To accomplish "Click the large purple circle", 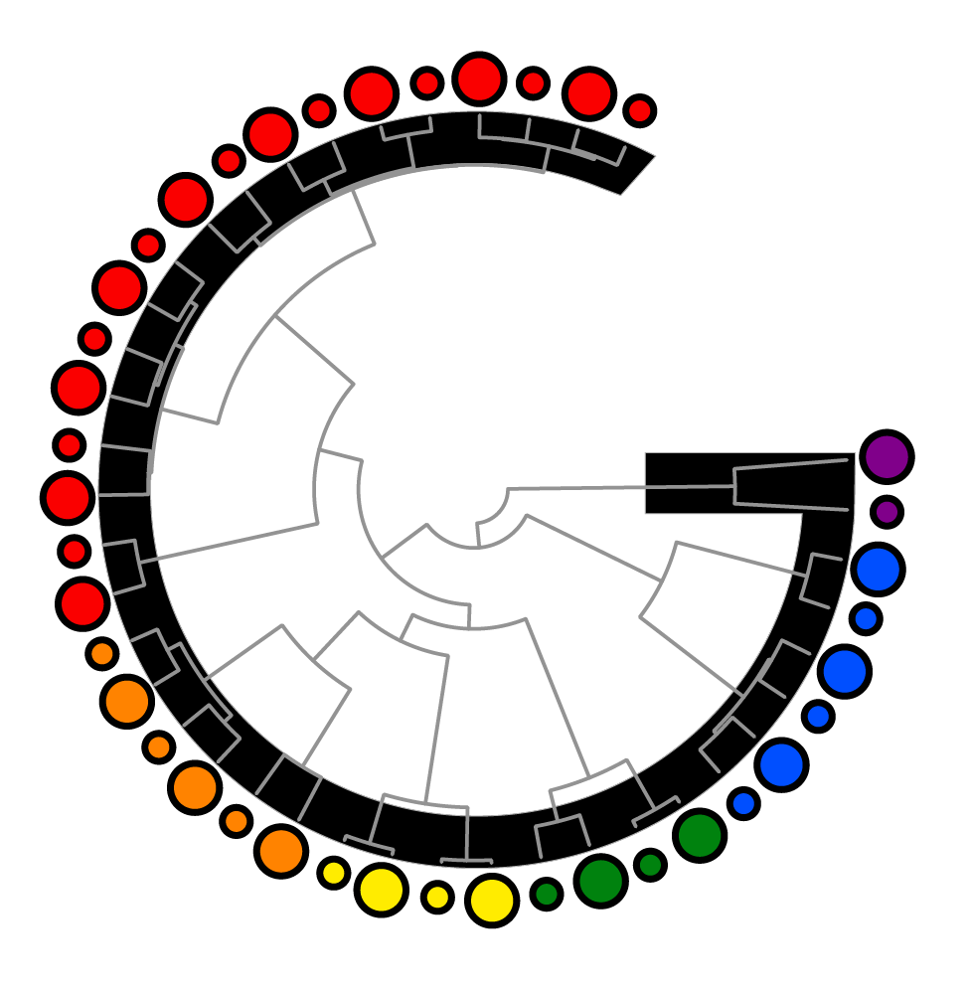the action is click(x=887, y=457).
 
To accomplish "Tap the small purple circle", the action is click(x=887, y=512).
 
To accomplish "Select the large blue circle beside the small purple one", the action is click(x=878, y=570).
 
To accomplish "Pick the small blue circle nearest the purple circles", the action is click(x=866, y=619).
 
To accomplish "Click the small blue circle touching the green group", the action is click(x=743, y=803).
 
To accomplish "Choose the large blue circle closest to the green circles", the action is click(x=781, y=765).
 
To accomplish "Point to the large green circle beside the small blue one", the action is click(x=700, y=835).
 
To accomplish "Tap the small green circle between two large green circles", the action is click(x=650, y=865).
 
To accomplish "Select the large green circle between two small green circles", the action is click(x=600, y=881).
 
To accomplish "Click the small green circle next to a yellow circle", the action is click(x=547, y=894).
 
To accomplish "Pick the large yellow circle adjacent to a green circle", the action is click(x=492, y=901).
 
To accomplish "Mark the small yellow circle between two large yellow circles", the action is click(x=437, y=898).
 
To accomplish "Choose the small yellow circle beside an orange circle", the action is click(x=334, y=873).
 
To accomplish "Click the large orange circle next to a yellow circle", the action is click(x=281, y=851).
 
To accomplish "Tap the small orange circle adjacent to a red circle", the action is click(x=102, y=653).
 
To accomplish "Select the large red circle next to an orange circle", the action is click(x=82, y=603).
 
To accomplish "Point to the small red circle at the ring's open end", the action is click(x=640, y=110).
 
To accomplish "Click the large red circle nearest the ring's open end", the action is click(x=589, y=93).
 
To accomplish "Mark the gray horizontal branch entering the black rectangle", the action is click(x=576, y=488).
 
